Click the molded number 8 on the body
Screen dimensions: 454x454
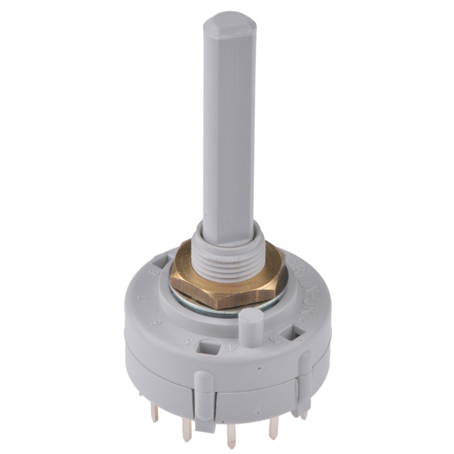point(152,272)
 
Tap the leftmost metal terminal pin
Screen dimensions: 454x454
point(154,413)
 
